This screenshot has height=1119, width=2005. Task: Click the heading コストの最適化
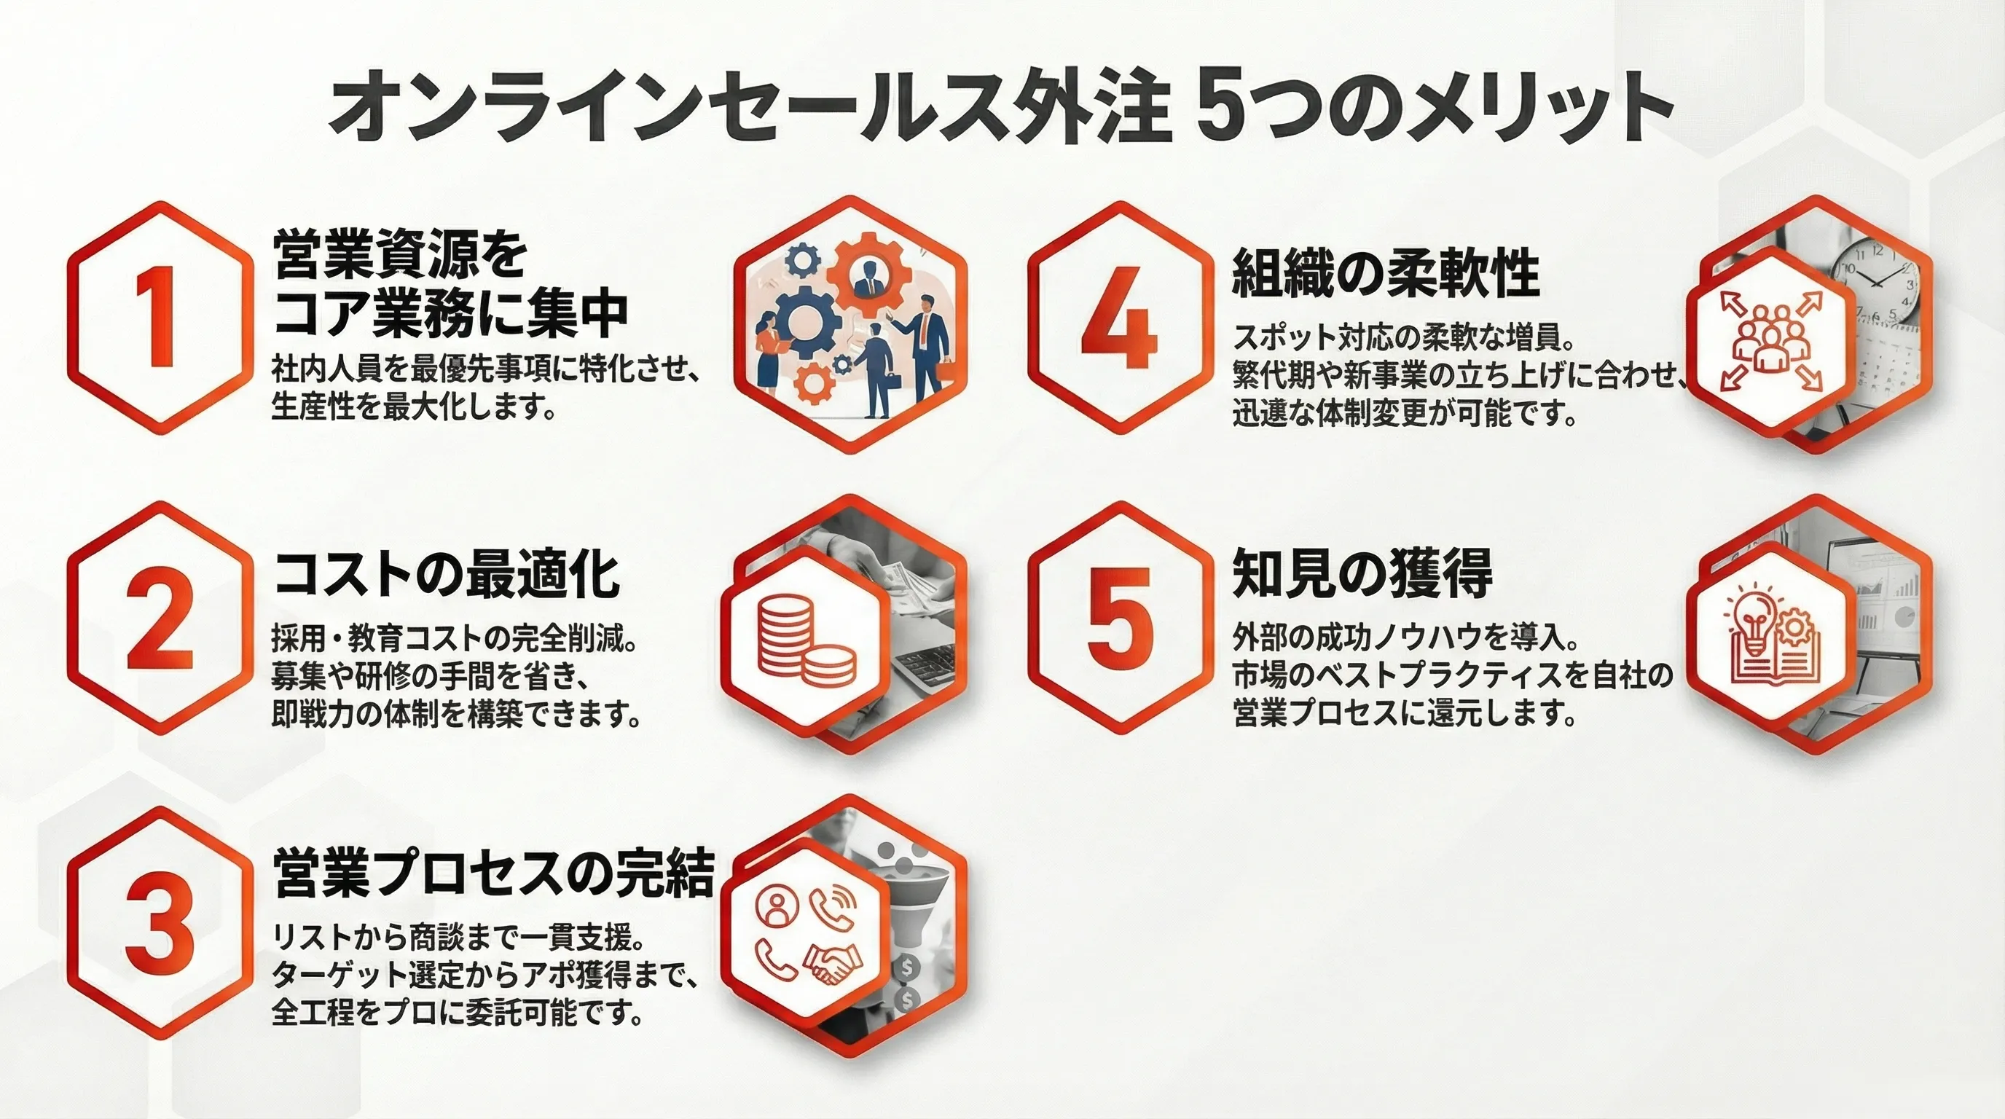click(x=447, y=573)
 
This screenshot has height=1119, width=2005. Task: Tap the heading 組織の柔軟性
click(x=1386, y=273)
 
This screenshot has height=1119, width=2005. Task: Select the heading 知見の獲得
click(x=1362, y=573)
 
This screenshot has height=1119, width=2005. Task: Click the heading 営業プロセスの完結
click(x=493, y=873)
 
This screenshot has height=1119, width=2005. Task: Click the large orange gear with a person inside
click(x=868, y=272)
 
